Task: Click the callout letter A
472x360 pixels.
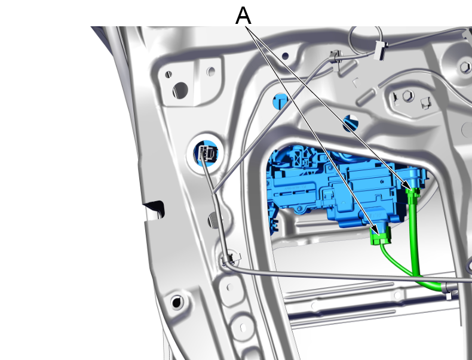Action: [243, 16]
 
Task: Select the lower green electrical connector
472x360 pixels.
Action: [381, 235]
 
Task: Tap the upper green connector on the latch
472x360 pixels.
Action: [413, 192]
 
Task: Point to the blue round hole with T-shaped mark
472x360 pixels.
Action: [280, 101]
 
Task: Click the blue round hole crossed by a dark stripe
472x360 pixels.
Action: [351, 124]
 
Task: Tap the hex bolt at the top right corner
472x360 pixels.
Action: [465, 67]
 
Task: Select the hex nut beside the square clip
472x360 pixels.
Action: [408, 96]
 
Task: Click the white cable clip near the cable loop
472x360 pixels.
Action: [381, 51]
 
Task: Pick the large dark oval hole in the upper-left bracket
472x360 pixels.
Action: [180, 90]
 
